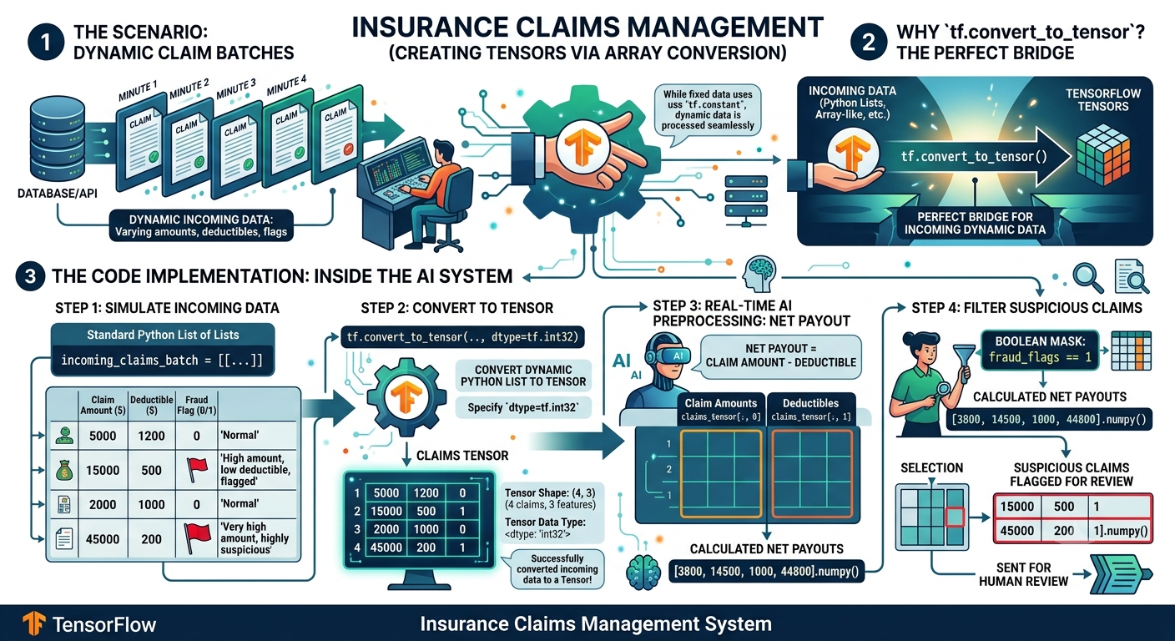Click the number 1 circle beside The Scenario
[46, 42]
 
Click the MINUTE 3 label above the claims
[236, 88]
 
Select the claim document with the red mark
[338, 136]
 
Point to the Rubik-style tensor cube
[1103, 154]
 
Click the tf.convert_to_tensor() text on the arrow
[974, 156]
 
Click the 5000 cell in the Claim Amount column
[103, 436]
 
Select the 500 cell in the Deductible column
[151, 470]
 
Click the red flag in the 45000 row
[197, 538]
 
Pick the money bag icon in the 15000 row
[64, 469]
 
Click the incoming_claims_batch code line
[162, 361]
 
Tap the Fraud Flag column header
[197, 405]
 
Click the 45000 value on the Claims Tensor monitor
[386, 548]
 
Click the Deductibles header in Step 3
[810, 403]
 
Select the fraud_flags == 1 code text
[1040, 357]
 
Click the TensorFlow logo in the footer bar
[34, 623]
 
